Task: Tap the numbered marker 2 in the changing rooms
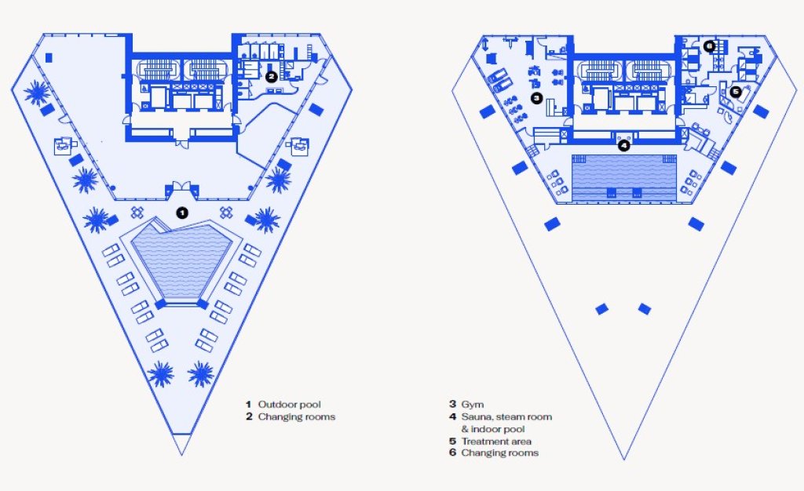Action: [x=271, y=77]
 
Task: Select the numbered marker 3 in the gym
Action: [x=536, y=98]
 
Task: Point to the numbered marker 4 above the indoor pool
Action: [x=623, y=146]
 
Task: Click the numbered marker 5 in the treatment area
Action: [x=736, y=92]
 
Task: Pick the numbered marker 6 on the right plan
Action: [x=709, y=46]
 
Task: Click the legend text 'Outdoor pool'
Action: [x=289, y=405]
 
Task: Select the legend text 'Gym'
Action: [x=472, y=405]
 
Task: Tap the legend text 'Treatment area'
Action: [x=496, y=441]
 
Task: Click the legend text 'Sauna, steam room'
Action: [x=506, y=416]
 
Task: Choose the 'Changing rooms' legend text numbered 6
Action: [x=500, y=453]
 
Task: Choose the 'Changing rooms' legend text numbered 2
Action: [x=296, y=416]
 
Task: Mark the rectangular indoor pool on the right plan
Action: [x=623, y=177]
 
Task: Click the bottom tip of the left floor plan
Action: [x=181, y=455]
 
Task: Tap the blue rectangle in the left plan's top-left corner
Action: [x=49, y=58]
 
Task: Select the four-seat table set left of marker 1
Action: [x=137, y=212]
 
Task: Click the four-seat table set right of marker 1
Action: [x=227, y=212]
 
